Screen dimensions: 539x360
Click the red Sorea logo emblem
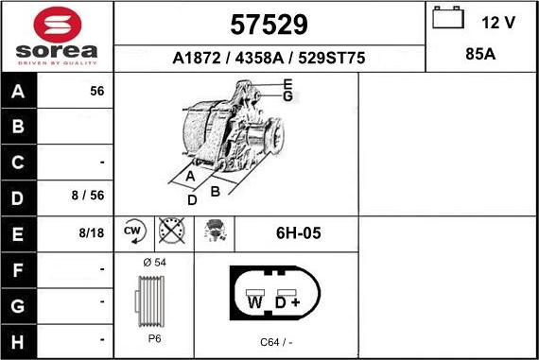point(58,26)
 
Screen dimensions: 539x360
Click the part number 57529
point(269,25)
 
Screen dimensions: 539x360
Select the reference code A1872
point(197,58)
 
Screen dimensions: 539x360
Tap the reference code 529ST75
point(331,58)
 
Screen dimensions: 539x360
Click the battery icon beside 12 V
point(448,18)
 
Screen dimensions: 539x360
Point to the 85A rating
point(480,54)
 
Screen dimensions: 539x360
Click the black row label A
point(18,91)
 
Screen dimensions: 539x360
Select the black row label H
point(18,342)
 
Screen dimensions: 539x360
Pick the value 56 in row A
point(97,91)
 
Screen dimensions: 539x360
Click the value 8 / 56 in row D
point(88,195)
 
